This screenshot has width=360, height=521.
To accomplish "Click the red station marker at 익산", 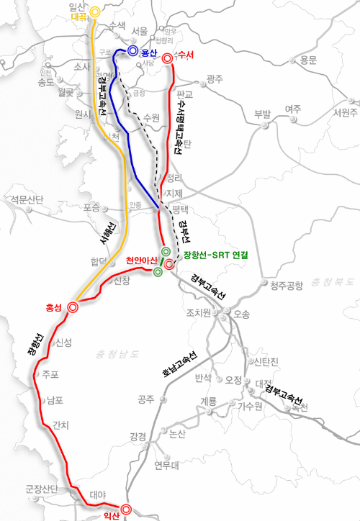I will coord(126,509).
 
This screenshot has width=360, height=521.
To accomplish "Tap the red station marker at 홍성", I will coord(73,307).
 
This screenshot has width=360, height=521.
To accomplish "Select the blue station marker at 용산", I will coord(132,51).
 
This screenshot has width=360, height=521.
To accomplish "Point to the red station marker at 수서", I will coord(168,58).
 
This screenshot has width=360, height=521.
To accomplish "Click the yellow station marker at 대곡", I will coord(94,12).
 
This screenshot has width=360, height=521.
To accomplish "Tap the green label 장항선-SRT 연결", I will coord(214,255).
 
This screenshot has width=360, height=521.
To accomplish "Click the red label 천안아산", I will coord(142,260).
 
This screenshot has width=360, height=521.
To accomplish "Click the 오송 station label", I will coord(242,313).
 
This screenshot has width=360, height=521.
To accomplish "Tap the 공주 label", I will coord(146,398).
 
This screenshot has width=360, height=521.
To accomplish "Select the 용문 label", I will coord(308,60).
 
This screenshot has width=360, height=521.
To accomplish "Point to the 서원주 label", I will coord(341,112).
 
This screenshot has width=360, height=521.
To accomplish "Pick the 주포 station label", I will coord(50,374).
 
